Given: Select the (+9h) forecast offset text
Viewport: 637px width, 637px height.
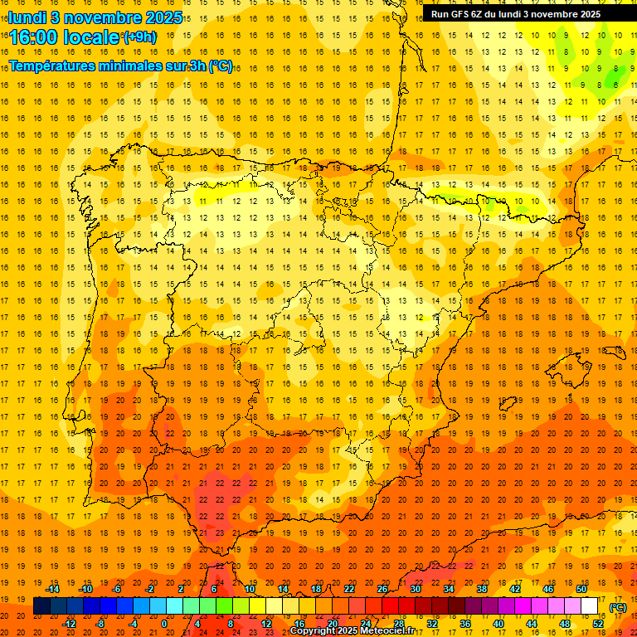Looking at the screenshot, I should pos(138,36).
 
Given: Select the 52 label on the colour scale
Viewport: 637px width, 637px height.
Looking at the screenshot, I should pos(598,624).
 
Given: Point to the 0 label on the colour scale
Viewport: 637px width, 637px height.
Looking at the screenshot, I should pos(164,624).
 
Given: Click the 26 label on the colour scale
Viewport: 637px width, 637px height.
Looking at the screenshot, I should pos(382,589).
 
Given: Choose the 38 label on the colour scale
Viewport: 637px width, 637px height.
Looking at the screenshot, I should pos(482,589).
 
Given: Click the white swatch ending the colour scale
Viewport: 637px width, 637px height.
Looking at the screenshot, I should pos(590,606).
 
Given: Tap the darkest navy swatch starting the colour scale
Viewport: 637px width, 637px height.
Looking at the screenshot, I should pos(41,606).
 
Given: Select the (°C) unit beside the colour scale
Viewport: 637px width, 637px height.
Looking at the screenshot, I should pos(617,607).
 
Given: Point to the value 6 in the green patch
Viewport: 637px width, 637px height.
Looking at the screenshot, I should pos(615,84).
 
